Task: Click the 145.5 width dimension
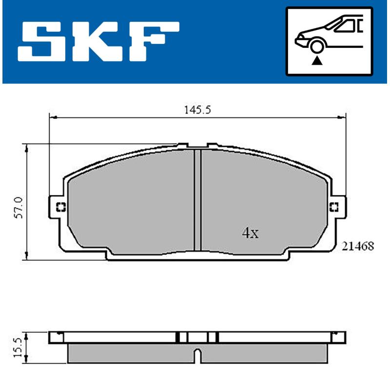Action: coord(196,110)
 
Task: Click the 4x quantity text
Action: coord(250,233)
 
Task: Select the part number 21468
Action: coord(358,247)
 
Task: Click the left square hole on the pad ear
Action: coord(61,207)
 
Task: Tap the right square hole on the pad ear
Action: coord(334,207)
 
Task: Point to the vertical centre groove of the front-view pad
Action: coord(197,200)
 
